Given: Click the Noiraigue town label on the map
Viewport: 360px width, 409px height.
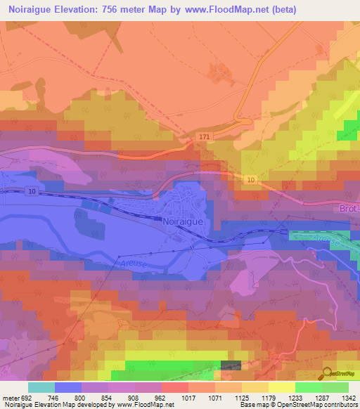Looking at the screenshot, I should pyautogui.click(x=184, y=220).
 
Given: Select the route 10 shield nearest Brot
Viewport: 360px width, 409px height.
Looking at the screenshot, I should pyautogui.click(x=252, y=181).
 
